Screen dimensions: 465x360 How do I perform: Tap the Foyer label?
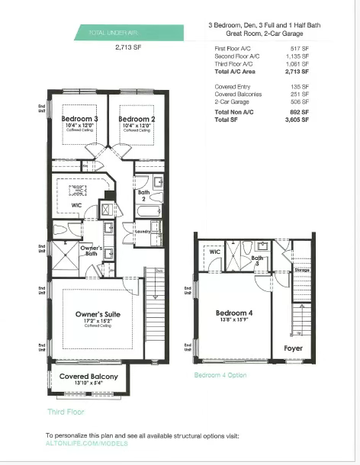(x=293, y=348)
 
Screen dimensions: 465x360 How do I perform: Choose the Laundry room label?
(x=142, y=228)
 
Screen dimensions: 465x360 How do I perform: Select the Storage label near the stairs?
(x=302, y=269)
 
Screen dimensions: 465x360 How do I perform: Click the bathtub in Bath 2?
(x=149, y=212)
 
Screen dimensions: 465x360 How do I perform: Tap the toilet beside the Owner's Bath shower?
(x=63, y=229)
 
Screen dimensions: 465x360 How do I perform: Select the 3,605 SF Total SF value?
(x=295, y=120)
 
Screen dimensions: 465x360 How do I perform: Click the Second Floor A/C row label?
(x=236, y=55)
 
